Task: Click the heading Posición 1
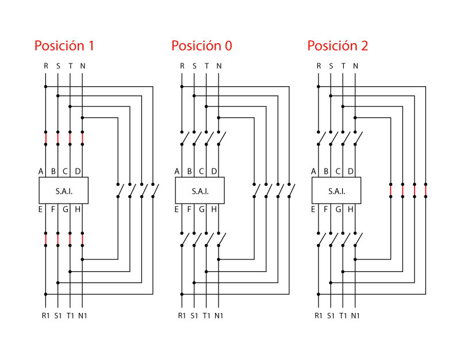[x=64, y=46]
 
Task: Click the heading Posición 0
[x=201, y=46]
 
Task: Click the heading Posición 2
[x=338, y=46]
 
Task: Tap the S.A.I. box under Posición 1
[x=63, y=190]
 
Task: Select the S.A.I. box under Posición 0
[x=200, y=190]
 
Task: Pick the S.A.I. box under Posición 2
[x=336, y=190]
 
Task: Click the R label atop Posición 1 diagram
[x=46, y=66]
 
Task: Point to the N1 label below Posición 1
[x=83, y=315]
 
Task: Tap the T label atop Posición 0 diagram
[x=206, y=66]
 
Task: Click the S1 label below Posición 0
[x=194, y=315]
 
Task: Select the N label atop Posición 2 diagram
[x=355, y=66]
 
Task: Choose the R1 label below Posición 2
[x=318, y=315]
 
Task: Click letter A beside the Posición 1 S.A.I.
[x=41, y=171]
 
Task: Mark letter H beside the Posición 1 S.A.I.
[x=78, y=209]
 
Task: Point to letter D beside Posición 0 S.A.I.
[x=214, y=171]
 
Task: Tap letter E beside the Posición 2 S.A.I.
[x=314, y=209]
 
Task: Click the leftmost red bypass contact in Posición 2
[x=390, y=190]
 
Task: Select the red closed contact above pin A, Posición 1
[x=45, y=138]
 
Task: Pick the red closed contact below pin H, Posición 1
[x=82, y=239]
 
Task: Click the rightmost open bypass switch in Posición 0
[x=290, y=190]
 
